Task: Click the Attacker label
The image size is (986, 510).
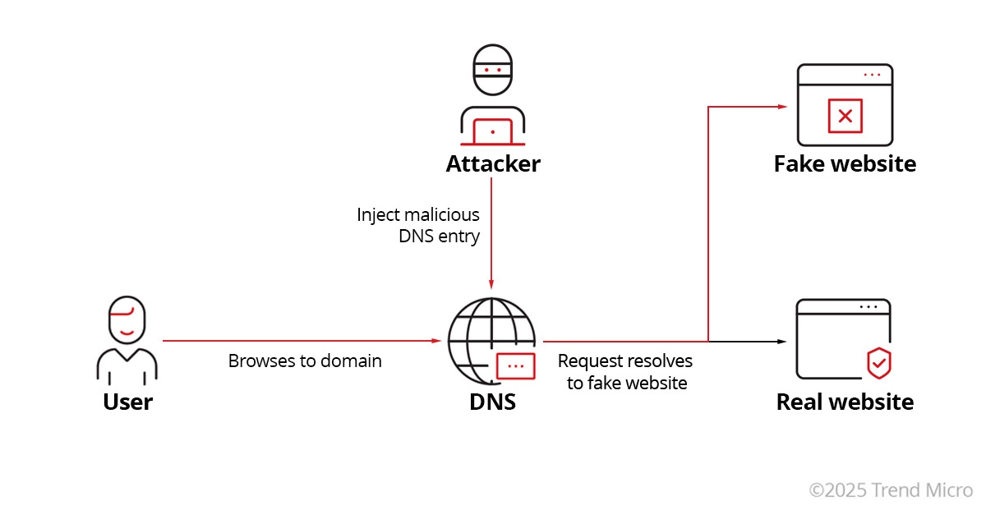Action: (x=493, y=163)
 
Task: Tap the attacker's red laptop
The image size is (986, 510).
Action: (x=492, y=131)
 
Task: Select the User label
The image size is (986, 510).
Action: (x=127, y=402)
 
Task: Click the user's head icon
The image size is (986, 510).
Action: (x=127, y=321)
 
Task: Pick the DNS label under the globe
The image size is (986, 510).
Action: (x=492, y=402)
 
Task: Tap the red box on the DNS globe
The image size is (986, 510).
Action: (x=515, y=365)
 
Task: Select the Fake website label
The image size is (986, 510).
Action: (x=845, y=163)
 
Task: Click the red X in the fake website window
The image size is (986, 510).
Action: (x=845, y=116)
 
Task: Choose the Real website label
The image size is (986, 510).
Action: (x=845, y=402)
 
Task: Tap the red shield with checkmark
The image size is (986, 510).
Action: (x=880, y=361)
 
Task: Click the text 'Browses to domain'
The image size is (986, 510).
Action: (x=305, y=361)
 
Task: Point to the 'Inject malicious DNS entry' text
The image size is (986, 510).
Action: (x=419, y=225)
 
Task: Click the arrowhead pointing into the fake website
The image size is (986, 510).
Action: (x=782, y=107)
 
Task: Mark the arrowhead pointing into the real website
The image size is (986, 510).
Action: (x=782, y=340)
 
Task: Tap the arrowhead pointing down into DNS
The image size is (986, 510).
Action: (x=491, y=283)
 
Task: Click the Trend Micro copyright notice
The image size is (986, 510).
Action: (x=891, y=489)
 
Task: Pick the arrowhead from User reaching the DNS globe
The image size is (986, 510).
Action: (x=438, y=340)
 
